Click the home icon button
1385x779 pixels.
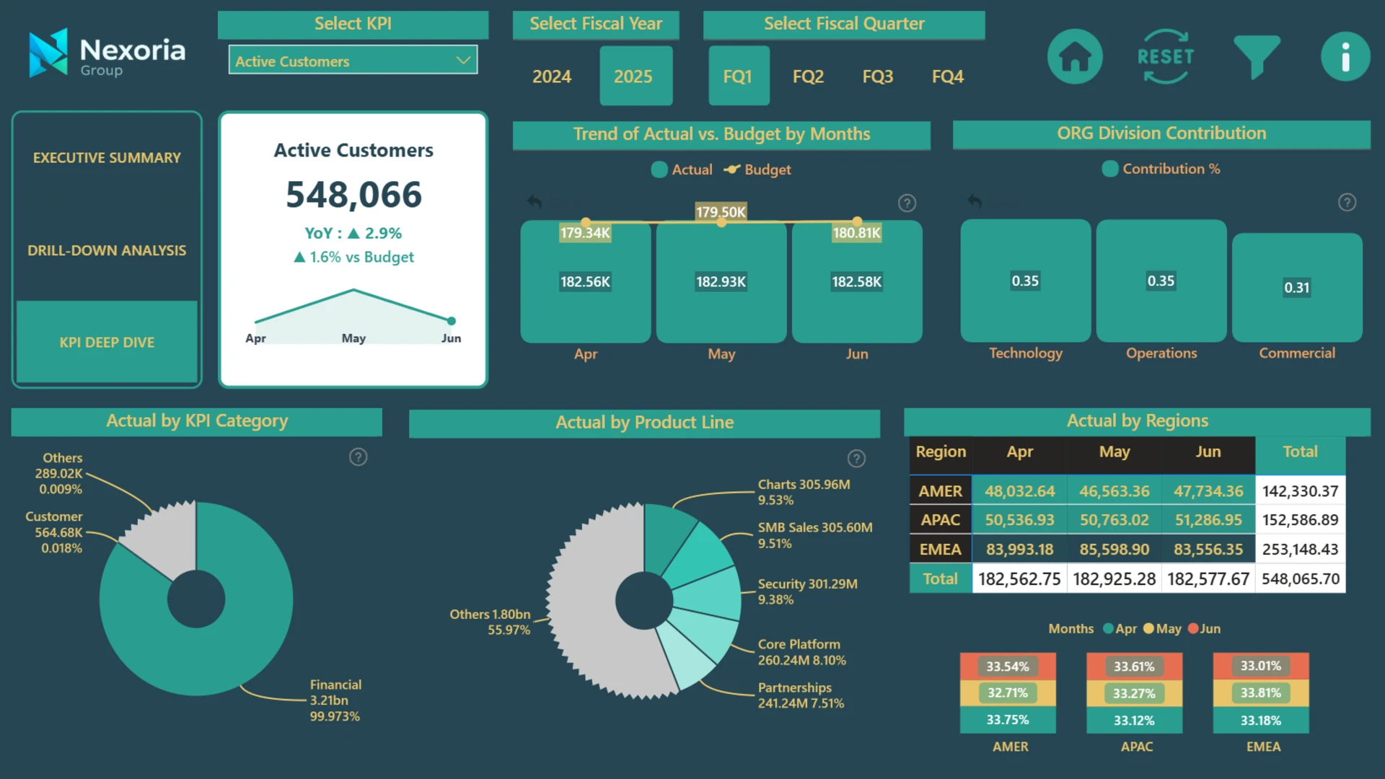[1075, 56]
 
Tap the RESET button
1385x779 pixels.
[1166, 56]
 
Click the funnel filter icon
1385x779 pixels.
[1257, 56]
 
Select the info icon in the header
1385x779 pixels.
[1345, 56]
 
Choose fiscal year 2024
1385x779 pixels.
[552, 76]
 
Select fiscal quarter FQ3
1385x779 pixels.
[878, 76]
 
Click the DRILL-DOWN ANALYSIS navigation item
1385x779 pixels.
[107, 250]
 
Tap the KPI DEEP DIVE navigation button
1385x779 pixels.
[107, 342]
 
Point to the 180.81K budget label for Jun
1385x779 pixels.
[856, 233]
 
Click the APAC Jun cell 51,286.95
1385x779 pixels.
[1208, 520]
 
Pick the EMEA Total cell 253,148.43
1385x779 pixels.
[1300, 550]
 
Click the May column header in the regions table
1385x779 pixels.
[1114, 452]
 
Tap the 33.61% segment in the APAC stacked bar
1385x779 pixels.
[1134, 666]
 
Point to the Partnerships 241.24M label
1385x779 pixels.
[801, 695]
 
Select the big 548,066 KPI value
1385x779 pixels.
[353, 195]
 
